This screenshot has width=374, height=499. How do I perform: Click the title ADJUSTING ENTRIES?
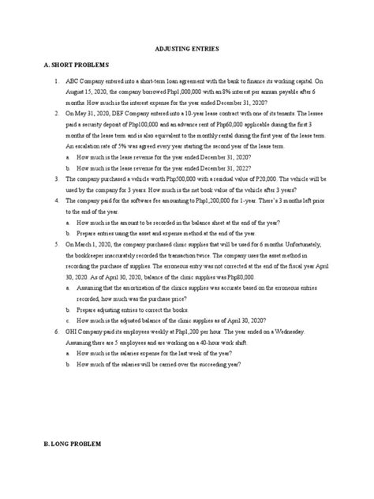pyautogui.click(x=187, y=48)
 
